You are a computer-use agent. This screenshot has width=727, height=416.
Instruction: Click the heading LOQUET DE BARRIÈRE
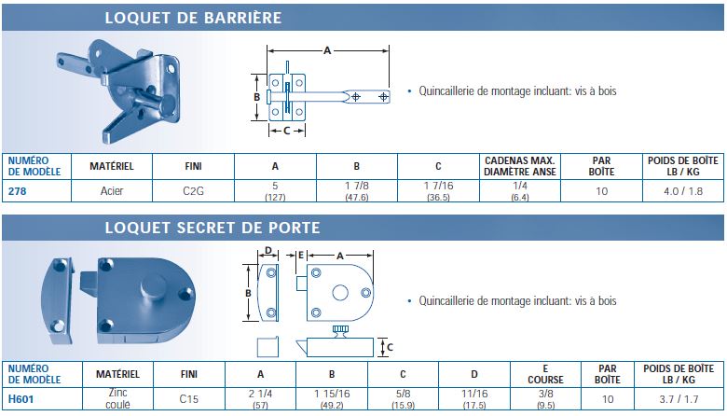click(193, 18)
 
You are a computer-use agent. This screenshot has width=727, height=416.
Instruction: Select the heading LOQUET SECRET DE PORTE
click(213, 228)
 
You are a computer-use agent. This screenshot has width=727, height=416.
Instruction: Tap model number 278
click(17, 191)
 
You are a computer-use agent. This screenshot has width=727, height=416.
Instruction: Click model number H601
click(21, 399)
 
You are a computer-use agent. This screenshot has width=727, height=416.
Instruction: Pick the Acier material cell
click(112, 190)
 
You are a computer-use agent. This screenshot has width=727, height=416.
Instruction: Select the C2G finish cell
click(193, 190)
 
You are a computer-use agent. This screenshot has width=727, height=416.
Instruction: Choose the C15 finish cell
click(188, 399)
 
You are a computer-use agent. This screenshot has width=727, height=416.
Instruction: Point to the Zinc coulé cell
click(117, 398)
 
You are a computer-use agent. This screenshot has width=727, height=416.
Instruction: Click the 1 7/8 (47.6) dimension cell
click(357, 191)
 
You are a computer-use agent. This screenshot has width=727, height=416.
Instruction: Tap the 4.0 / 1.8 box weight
click(683, 191)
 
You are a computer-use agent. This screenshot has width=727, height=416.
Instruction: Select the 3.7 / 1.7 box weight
click(679, 399)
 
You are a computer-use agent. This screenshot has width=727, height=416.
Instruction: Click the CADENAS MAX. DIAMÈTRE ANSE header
click(520, 166)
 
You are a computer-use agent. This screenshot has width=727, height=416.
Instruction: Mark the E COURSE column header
click(545, 374)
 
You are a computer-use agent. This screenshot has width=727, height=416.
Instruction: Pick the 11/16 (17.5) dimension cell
click(474, 399)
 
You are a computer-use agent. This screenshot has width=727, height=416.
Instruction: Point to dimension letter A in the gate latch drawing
click(327, 50)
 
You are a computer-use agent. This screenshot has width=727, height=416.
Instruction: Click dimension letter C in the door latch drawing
click(390, 347)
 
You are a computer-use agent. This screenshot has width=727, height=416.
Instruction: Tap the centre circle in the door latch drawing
click(340, 293)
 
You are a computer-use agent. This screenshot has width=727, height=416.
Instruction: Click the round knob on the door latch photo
click(154, 286)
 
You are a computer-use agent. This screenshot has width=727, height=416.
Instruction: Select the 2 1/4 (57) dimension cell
click(260, 399)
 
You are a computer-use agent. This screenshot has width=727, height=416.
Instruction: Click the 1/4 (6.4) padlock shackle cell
click(520, 191)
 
